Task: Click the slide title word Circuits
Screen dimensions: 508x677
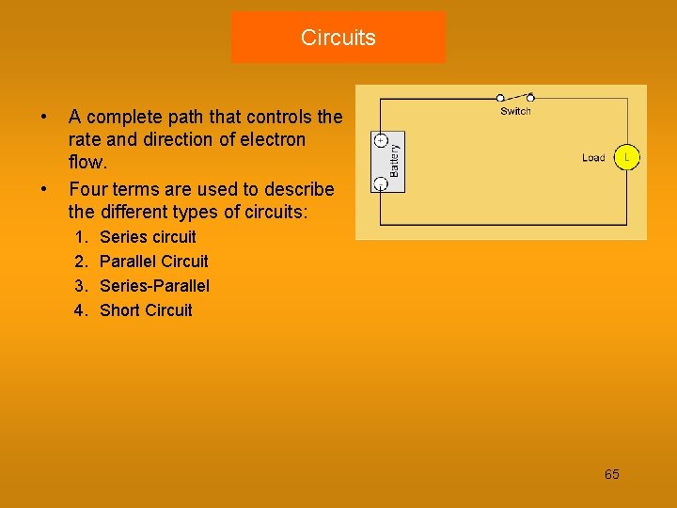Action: point(338,38)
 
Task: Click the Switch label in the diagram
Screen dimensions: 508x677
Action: point(515,111)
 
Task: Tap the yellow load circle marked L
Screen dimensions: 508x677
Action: point(627,157)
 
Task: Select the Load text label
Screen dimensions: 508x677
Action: point(593,158)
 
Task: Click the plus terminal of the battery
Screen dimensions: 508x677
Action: point(381,140)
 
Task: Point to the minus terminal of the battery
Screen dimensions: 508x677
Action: point(381,182)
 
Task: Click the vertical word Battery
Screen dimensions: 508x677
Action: point(395,161)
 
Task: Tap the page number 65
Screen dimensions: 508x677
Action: point(611,474)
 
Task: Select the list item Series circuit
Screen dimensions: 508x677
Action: point(148,237)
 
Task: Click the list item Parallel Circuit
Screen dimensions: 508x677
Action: point(153,262)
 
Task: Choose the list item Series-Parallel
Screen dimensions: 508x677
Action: point(154,286)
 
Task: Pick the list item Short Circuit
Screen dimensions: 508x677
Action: point(146,310)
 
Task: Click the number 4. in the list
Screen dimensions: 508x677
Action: point(81,310)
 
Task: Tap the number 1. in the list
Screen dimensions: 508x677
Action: point(81,237)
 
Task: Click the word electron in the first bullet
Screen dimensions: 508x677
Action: point(274,140)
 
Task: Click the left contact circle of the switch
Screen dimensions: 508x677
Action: point(500,97)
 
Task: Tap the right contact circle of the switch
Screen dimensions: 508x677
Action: point(530,97)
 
